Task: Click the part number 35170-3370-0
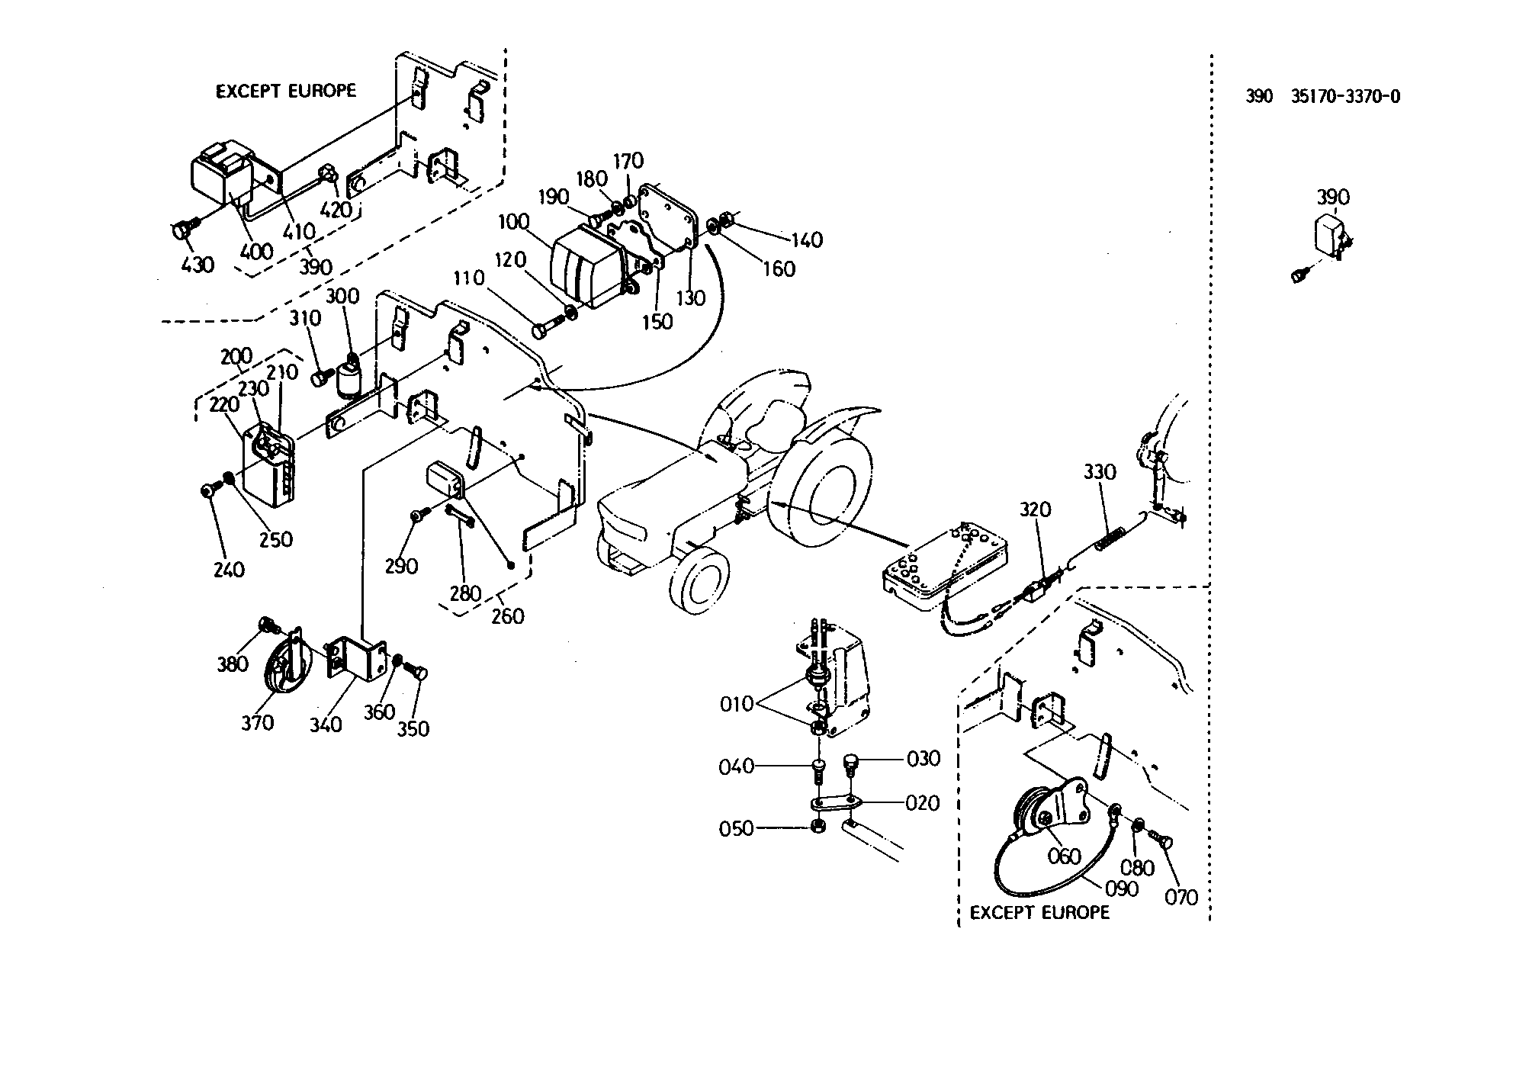pos(1346,97)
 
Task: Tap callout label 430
pos(198,265)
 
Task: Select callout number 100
pos(514,223)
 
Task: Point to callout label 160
pos(779,268)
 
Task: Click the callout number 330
pos(1100,472)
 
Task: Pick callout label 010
pos(737,705)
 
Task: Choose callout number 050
pos(737,829)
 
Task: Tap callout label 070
pos(1181,898)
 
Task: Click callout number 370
pos(257,722)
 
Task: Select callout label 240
pos(229,570)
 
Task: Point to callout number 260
pos(509,615)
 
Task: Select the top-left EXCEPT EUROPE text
pos(286,91)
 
